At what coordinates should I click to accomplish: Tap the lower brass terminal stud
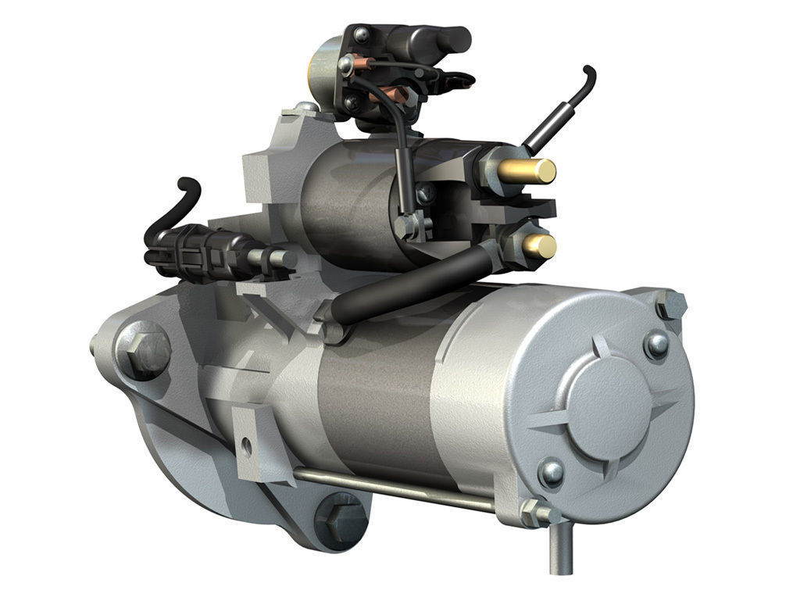click(538, 245)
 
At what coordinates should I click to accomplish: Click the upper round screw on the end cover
click(655, 343)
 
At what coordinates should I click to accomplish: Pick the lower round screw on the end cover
click(552, 471)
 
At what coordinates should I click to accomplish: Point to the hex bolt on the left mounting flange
click(144, 351)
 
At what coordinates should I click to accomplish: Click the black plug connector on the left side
click(187, 250)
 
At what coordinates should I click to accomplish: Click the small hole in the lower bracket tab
click(247, 447)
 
